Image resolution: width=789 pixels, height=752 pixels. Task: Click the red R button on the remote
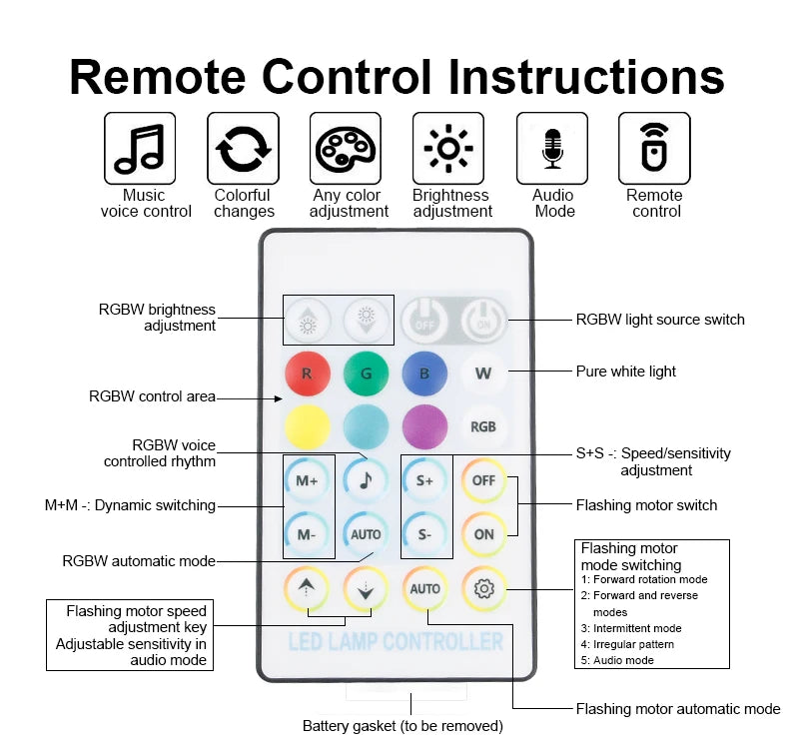pos(308,375)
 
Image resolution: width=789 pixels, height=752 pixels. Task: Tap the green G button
pos(366,375)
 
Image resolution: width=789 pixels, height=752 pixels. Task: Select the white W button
pos(483,375)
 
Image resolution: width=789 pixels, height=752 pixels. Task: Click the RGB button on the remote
pos(483,426)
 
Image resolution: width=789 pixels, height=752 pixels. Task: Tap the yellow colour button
pos(308,426)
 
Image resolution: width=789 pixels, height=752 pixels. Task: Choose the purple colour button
pos(424,426)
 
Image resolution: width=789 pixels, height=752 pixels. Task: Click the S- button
pos(424,534)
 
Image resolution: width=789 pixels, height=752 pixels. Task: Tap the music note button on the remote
pos(366,480)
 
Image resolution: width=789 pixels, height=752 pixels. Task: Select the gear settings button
pos(484,588)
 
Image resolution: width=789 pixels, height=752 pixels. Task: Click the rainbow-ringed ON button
pos(483,534)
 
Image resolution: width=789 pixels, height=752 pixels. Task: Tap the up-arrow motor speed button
pos(308,589)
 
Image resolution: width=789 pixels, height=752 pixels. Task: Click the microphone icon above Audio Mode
pos(552,148)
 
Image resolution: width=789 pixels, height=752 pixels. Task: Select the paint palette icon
pos(346,148)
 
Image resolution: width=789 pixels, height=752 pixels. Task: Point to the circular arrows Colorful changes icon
pos(243,148)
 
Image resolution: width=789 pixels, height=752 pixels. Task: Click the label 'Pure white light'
pos(625,372)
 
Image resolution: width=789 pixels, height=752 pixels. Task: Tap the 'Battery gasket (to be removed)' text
pos(402,726)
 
